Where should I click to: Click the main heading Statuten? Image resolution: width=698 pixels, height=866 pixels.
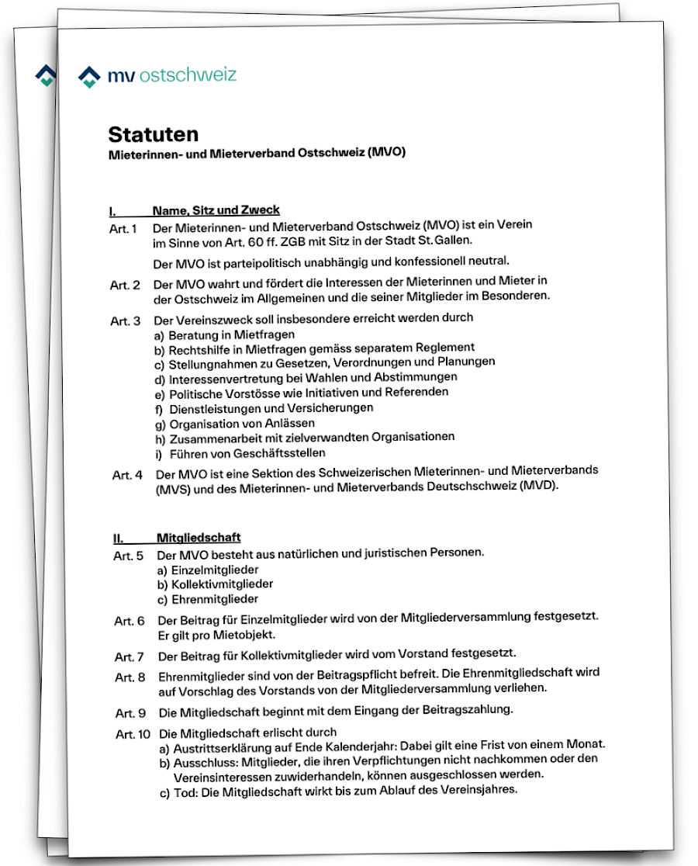154,134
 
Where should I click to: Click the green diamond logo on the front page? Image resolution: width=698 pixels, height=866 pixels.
90,76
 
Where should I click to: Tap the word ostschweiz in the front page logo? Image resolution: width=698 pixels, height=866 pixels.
188,75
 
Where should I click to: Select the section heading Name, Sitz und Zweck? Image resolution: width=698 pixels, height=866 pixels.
216,210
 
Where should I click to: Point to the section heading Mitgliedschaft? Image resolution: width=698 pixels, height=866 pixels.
199,537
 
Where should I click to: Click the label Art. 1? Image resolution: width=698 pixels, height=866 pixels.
123,229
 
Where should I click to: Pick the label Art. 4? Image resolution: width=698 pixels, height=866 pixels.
127,475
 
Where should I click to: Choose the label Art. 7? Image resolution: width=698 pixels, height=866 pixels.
130,656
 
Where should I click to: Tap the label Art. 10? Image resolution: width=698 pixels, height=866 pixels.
133,734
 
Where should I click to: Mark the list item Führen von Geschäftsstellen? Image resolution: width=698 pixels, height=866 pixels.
240,452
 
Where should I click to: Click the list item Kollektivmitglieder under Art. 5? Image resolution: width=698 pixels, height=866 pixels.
215,584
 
